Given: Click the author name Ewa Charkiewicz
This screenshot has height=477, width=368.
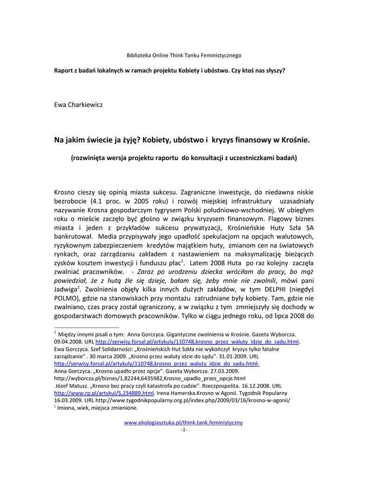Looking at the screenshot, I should tap(78, 105).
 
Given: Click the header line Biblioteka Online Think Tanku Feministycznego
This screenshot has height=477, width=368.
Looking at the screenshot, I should tap(184, 55).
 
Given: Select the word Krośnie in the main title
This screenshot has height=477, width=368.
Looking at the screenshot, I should tap(295, 139).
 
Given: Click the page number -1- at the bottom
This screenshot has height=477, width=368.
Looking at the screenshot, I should tap(184, 429).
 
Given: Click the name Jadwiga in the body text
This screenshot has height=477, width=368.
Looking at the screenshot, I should tap(65, 289).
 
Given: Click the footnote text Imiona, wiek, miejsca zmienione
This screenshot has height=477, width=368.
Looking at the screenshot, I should tap(97, 408).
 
